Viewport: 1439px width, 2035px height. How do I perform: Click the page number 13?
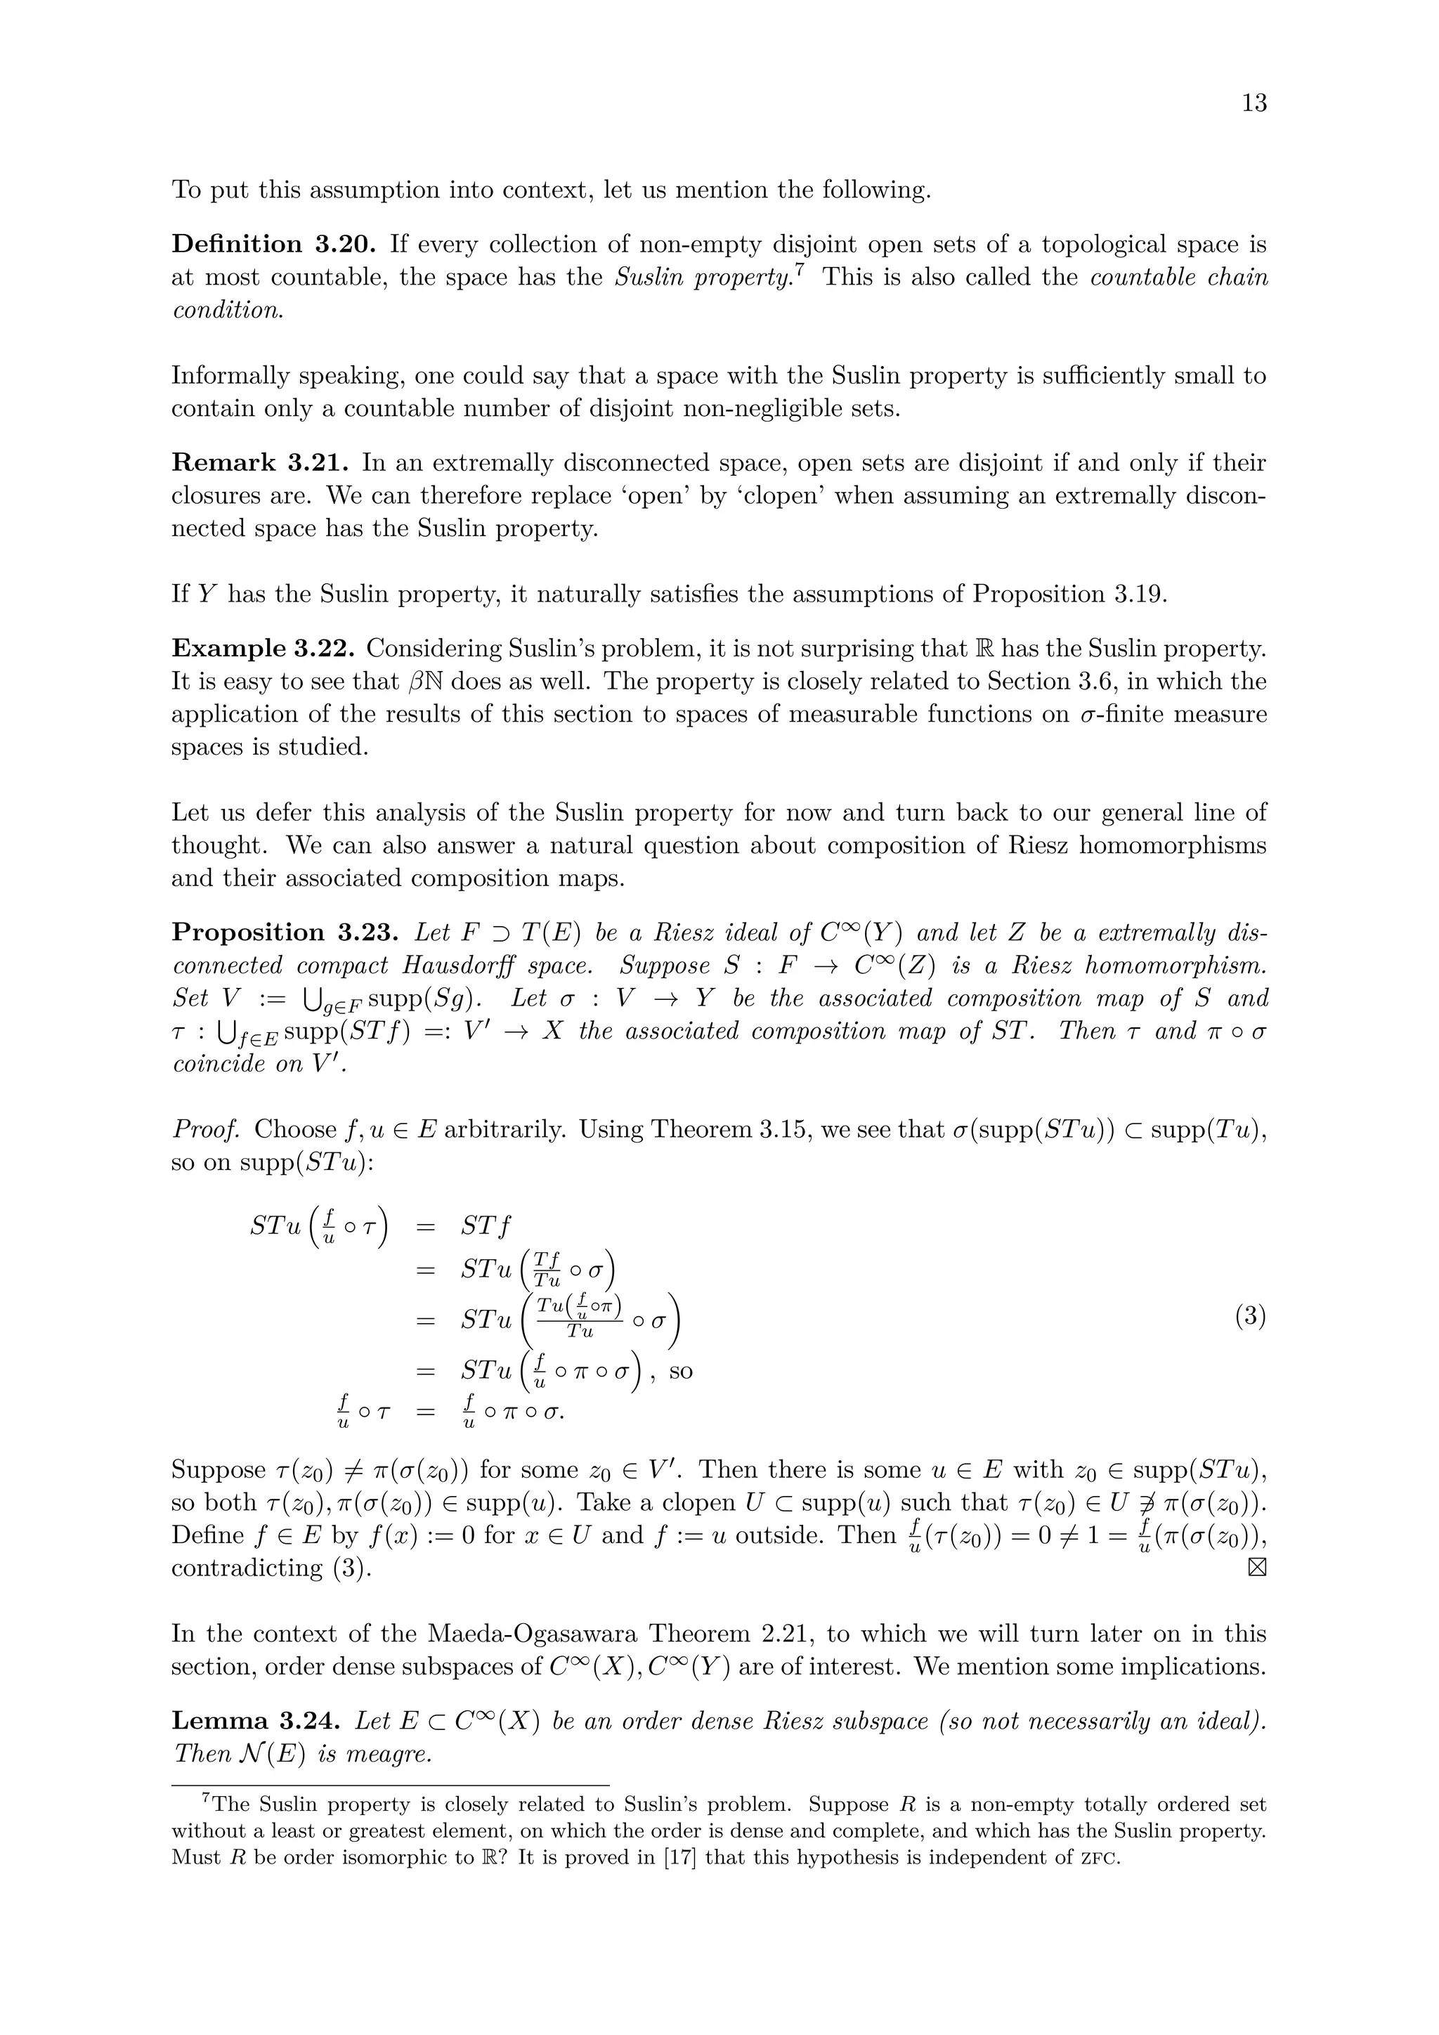[1254, 104]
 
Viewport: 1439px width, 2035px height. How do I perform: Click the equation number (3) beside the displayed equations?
[1250, 1316]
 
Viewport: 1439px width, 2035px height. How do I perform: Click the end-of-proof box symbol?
[1256, 1568]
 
